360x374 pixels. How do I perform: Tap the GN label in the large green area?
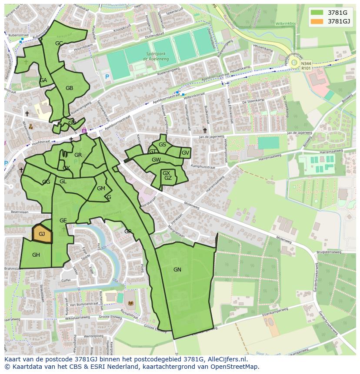(177, 270)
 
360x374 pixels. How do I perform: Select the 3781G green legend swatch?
(317, 13)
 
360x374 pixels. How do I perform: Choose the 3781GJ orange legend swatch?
(317, 21)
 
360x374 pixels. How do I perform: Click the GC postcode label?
(59, 43)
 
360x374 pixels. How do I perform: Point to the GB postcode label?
(69, 88)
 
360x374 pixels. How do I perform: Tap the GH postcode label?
(36, 255)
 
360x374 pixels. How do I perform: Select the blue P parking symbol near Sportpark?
(107, 77)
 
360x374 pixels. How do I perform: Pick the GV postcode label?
(185, 153)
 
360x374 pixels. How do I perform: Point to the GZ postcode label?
(168, 178)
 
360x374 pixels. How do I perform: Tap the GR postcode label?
(78, 155)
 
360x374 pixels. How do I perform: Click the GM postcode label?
(101, 189)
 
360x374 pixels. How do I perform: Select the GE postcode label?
(63, 221)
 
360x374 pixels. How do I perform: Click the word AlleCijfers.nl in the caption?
(225, 360)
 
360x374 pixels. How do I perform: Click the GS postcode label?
(162, 145)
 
